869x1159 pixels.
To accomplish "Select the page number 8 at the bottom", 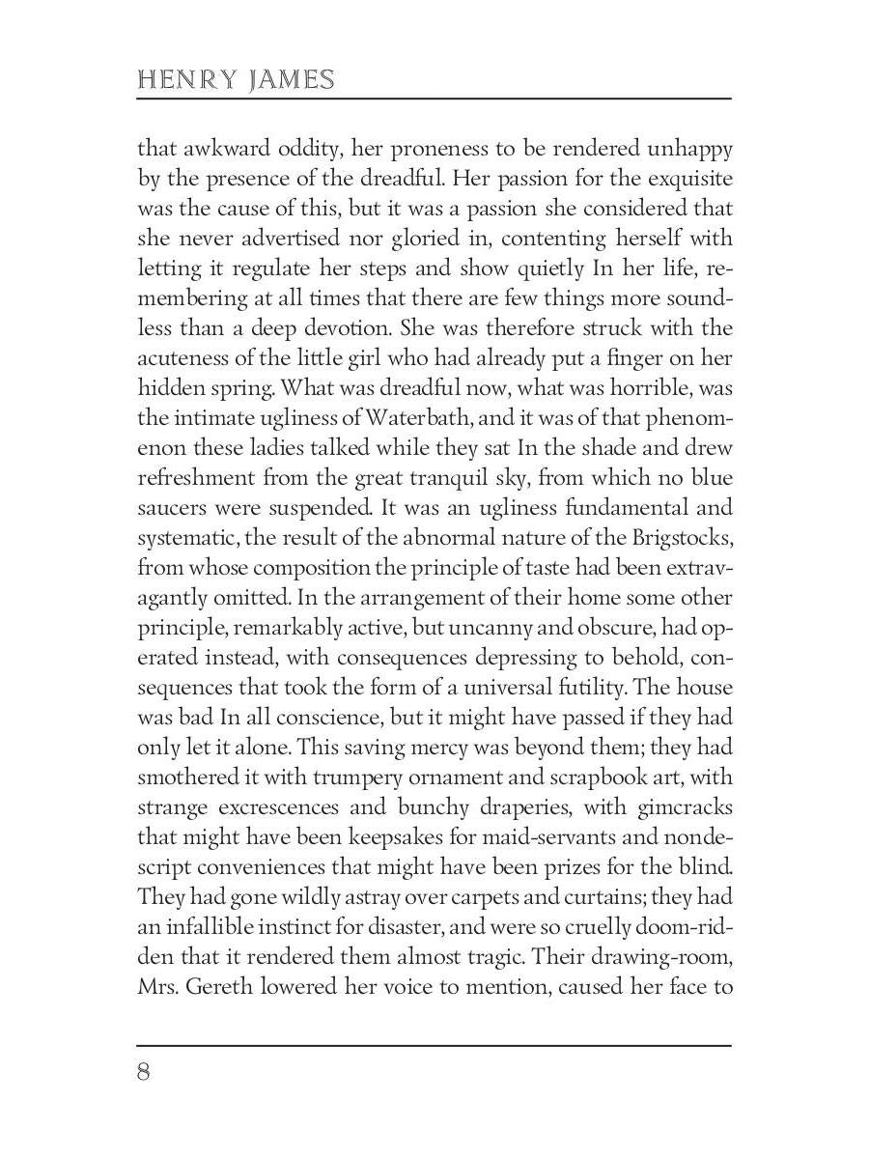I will pyautogui.click(x=144, y=1073).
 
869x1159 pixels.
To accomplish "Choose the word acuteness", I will pyautogui.click(x=181, y=358).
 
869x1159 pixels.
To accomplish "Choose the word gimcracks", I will pyautogui.click(x=682, y=807).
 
